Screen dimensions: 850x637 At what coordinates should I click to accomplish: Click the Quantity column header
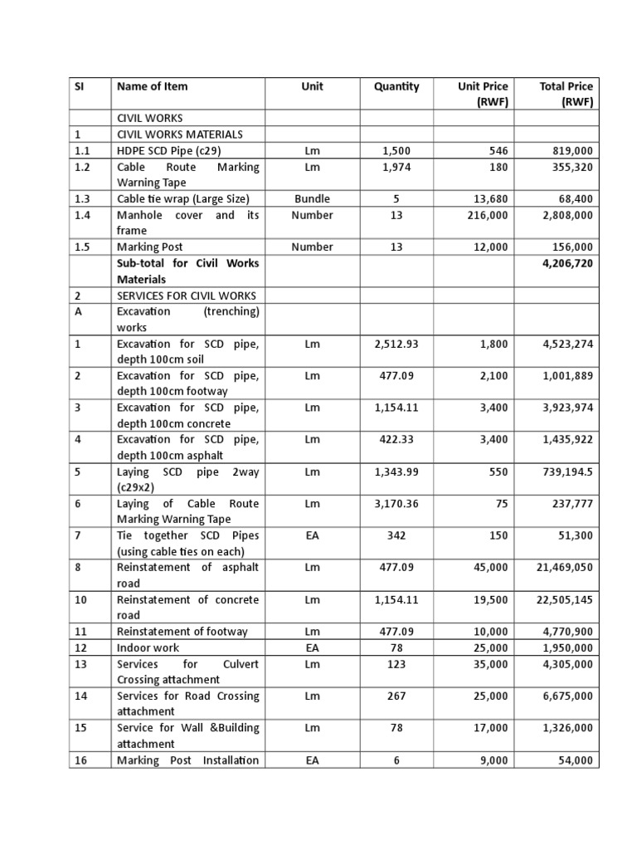click(396, 86)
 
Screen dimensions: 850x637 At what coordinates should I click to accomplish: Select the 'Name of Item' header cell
click(153, 86)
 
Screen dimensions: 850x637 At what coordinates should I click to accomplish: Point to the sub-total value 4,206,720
click(564, 263)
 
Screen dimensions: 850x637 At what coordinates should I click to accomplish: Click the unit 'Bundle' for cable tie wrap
click(312, 199)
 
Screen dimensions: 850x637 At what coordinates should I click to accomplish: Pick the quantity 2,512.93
click(396, 344)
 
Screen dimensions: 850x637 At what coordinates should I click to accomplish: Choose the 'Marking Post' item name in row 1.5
click(149, 247)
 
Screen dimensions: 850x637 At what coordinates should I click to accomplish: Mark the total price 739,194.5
click(560, 471)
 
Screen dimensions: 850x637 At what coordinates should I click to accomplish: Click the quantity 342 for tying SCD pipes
click(396, 535)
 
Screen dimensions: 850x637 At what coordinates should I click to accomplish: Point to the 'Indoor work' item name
click(148, 647)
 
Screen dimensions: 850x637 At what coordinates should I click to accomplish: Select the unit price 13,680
click(488, 199)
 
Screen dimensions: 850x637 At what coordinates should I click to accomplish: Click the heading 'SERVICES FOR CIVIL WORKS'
click(187, 296)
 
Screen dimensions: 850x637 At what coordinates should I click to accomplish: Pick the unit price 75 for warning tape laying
click(500, 504)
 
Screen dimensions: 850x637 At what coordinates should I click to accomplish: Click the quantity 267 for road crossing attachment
click(396, 696)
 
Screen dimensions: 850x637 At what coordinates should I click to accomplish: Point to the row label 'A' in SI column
click(77, 311)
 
